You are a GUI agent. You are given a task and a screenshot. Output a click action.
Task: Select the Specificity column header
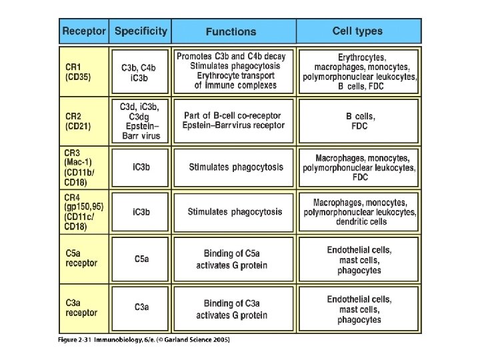pos(141,31)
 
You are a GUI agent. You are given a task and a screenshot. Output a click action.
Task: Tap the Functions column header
pos(231,31)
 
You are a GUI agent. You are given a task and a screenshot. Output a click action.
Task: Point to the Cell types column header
pos(358,31)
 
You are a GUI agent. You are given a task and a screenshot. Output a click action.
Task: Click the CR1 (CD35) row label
pos(78,72)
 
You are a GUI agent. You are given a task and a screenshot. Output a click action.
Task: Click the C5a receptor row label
pos(81,258)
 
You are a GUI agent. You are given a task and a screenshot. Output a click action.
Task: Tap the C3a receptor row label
pos(81,307)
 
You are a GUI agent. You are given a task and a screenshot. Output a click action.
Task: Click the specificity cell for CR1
pos(139,72)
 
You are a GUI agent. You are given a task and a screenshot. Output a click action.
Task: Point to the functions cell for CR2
pos(234,121)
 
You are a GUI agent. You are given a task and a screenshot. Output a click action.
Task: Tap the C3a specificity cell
pos(141,307)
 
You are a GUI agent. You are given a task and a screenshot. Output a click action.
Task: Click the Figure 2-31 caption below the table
pos(144,339)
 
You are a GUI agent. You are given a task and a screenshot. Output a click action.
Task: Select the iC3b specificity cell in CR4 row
pos(141,212)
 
